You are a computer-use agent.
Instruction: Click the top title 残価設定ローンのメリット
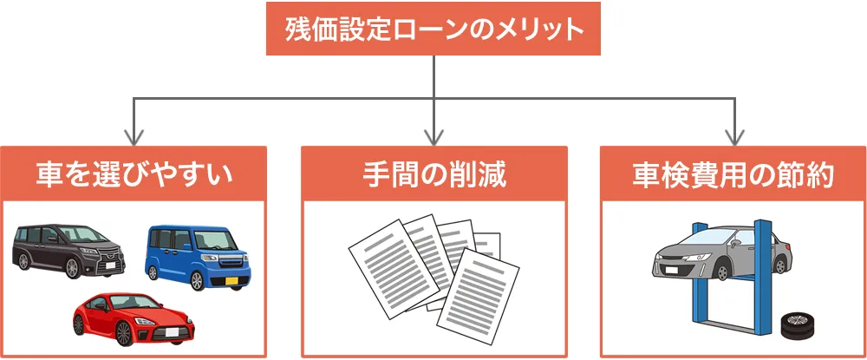pyautogui.click(x=433, y=29)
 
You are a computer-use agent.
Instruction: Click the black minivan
pyautogui.click(x=69, y=250)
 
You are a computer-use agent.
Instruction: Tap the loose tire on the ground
pyautogui.click(x=796, y=327)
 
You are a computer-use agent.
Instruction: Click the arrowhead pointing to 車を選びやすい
pyautogui.click(x=133, y=136)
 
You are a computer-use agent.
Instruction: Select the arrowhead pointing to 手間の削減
pyautogui.click(x=433, y=136)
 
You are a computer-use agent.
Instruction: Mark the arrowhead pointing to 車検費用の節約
pyautogui.click(x=734, y=136)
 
